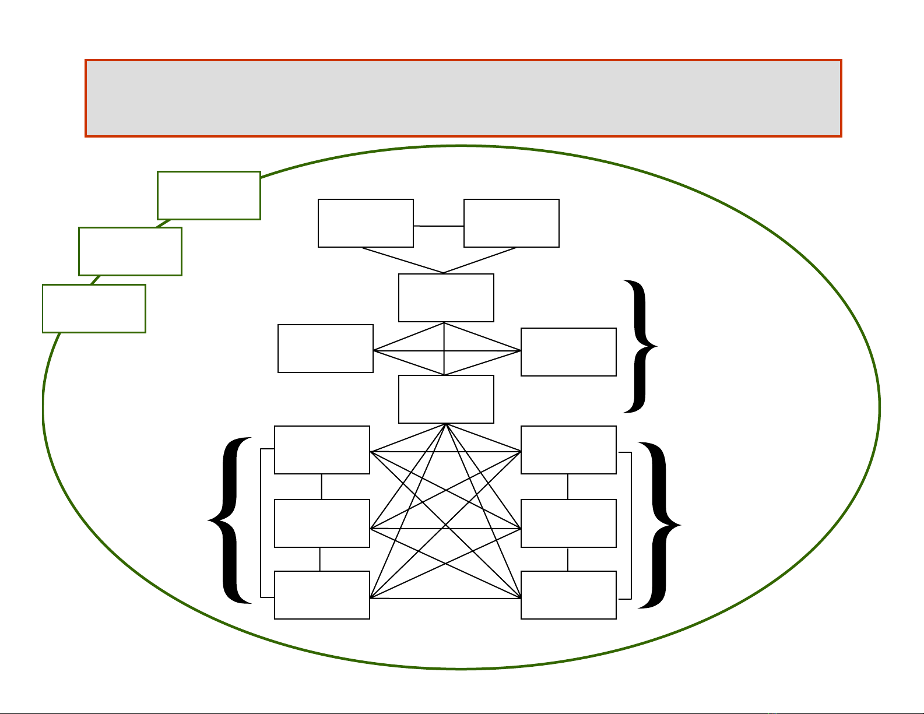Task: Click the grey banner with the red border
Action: (463, 98)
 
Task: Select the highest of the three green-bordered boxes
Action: (209, 195)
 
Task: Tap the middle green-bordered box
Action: (130, 251)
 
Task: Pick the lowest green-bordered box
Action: (94, 308)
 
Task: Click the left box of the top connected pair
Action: (366, 223)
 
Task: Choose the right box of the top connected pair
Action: (511, 223)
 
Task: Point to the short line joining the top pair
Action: (438, 226)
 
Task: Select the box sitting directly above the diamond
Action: (446, 298)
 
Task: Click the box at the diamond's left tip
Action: (325, 349)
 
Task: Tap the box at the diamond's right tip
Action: (568, 352)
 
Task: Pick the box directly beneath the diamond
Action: (446, 399)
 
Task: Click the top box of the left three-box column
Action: (322, 450)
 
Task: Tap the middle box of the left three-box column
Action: (322, 523)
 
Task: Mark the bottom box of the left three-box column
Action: (322, 595)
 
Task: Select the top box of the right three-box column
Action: (568, 450)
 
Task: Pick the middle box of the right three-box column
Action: (568, 523)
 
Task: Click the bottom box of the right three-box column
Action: (568, 595)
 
